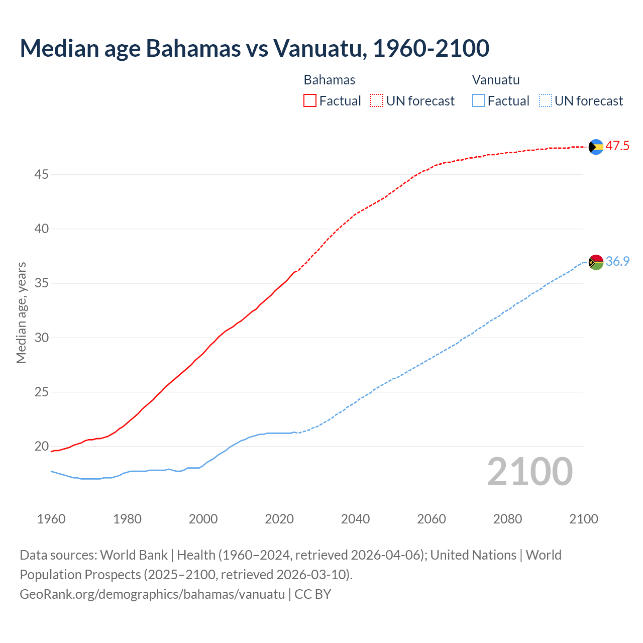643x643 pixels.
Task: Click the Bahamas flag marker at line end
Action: click(596, 147)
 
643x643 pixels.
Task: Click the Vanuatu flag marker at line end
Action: click(596, 262)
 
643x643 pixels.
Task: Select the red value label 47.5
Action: click(617, 146)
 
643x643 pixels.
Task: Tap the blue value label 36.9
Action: click(617, 262)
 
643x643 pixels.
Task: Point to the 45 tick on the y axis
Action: click(42, 175)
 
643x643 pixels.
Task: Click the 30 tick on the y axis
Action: click(42, 338)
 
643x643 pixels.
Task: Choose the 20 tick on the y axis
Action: click(42, 447)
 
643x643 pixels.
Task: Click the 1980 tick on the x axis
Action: click(127, 519)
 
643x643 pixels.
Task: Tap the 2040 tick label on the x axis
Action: click(355, 519)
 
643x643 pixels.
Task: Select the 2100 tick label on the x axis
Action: click(584, 519)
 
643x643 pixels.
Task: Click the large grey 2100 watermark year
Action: click(530, 472)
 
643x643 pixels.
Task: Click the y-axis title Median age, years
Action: click(21, 312)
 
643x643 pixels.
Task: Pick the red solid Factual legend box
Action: click(310, 100)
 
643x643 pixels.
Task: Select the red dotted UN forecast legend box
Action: click(377, 100)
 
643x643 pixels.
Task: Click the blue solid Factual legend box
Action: click(479, 100)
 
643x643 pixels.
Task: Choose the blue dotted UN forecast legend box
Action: click(545, 100)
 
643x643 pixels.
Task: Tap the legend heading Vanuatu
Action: click(496, 80)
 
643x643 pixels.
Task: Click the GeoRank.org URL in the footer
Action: click(152, 594)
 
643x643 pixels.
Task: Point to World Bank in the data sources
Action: click(134, 555)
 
